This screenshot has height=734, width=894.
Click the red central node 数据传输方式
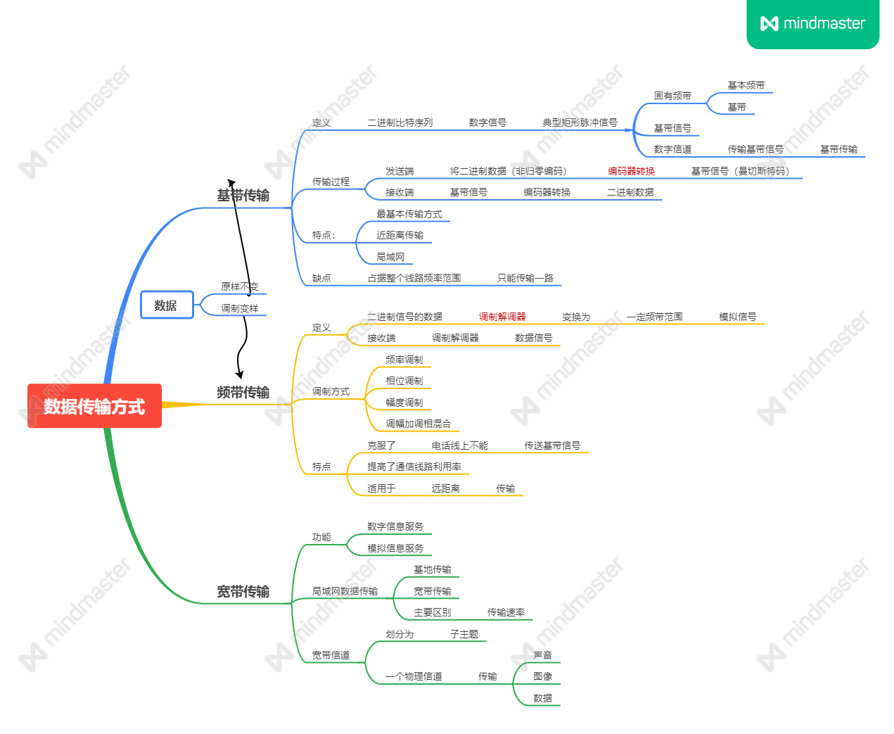click(x=94, y=406)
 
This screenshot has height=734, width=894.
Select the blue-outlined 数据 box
click(x=166, y=305)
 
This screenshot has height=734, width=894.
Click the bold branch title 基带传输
click(x=243, y=196)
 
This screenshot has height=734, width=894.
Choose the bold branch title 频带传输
click(x=243, y=393)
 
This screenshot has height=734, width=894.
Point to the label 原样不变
click(x=239, y=286)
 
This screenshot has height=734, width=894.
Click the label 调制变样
click(x=239, y=308)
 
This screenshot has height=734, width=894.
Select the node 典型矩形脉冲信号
click(x=580, y=122)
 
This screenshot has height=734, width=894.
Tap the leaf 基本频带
click(x=746, y=85)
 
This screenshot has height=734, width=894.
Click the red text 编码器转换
click(x=631, y=171)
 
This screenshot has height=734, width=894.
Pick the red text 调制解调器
click(x=502, y=317)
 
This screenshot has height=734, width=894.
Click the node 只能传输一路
click(x=525, y=278)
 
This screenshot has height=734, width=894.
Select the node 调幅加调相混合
click(x=418, y=424)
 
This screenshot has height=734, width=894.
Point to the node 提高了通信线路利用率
click(x=414, y=467)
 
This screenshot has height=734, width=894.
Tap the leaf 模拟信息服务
click(x=395, y=548)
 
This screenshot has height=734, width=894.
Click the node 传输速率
click(x=506, y=612)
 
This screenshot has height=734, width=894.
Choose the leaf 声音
click(x=542, y=655)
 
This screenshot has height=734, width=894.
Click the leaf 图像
click(x=542, y=676)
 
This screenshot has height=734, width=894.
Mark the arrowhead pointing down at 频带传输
click(x=240, y=374)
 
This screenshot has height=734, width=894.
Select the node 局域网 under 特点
click(x=390, y=257)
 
